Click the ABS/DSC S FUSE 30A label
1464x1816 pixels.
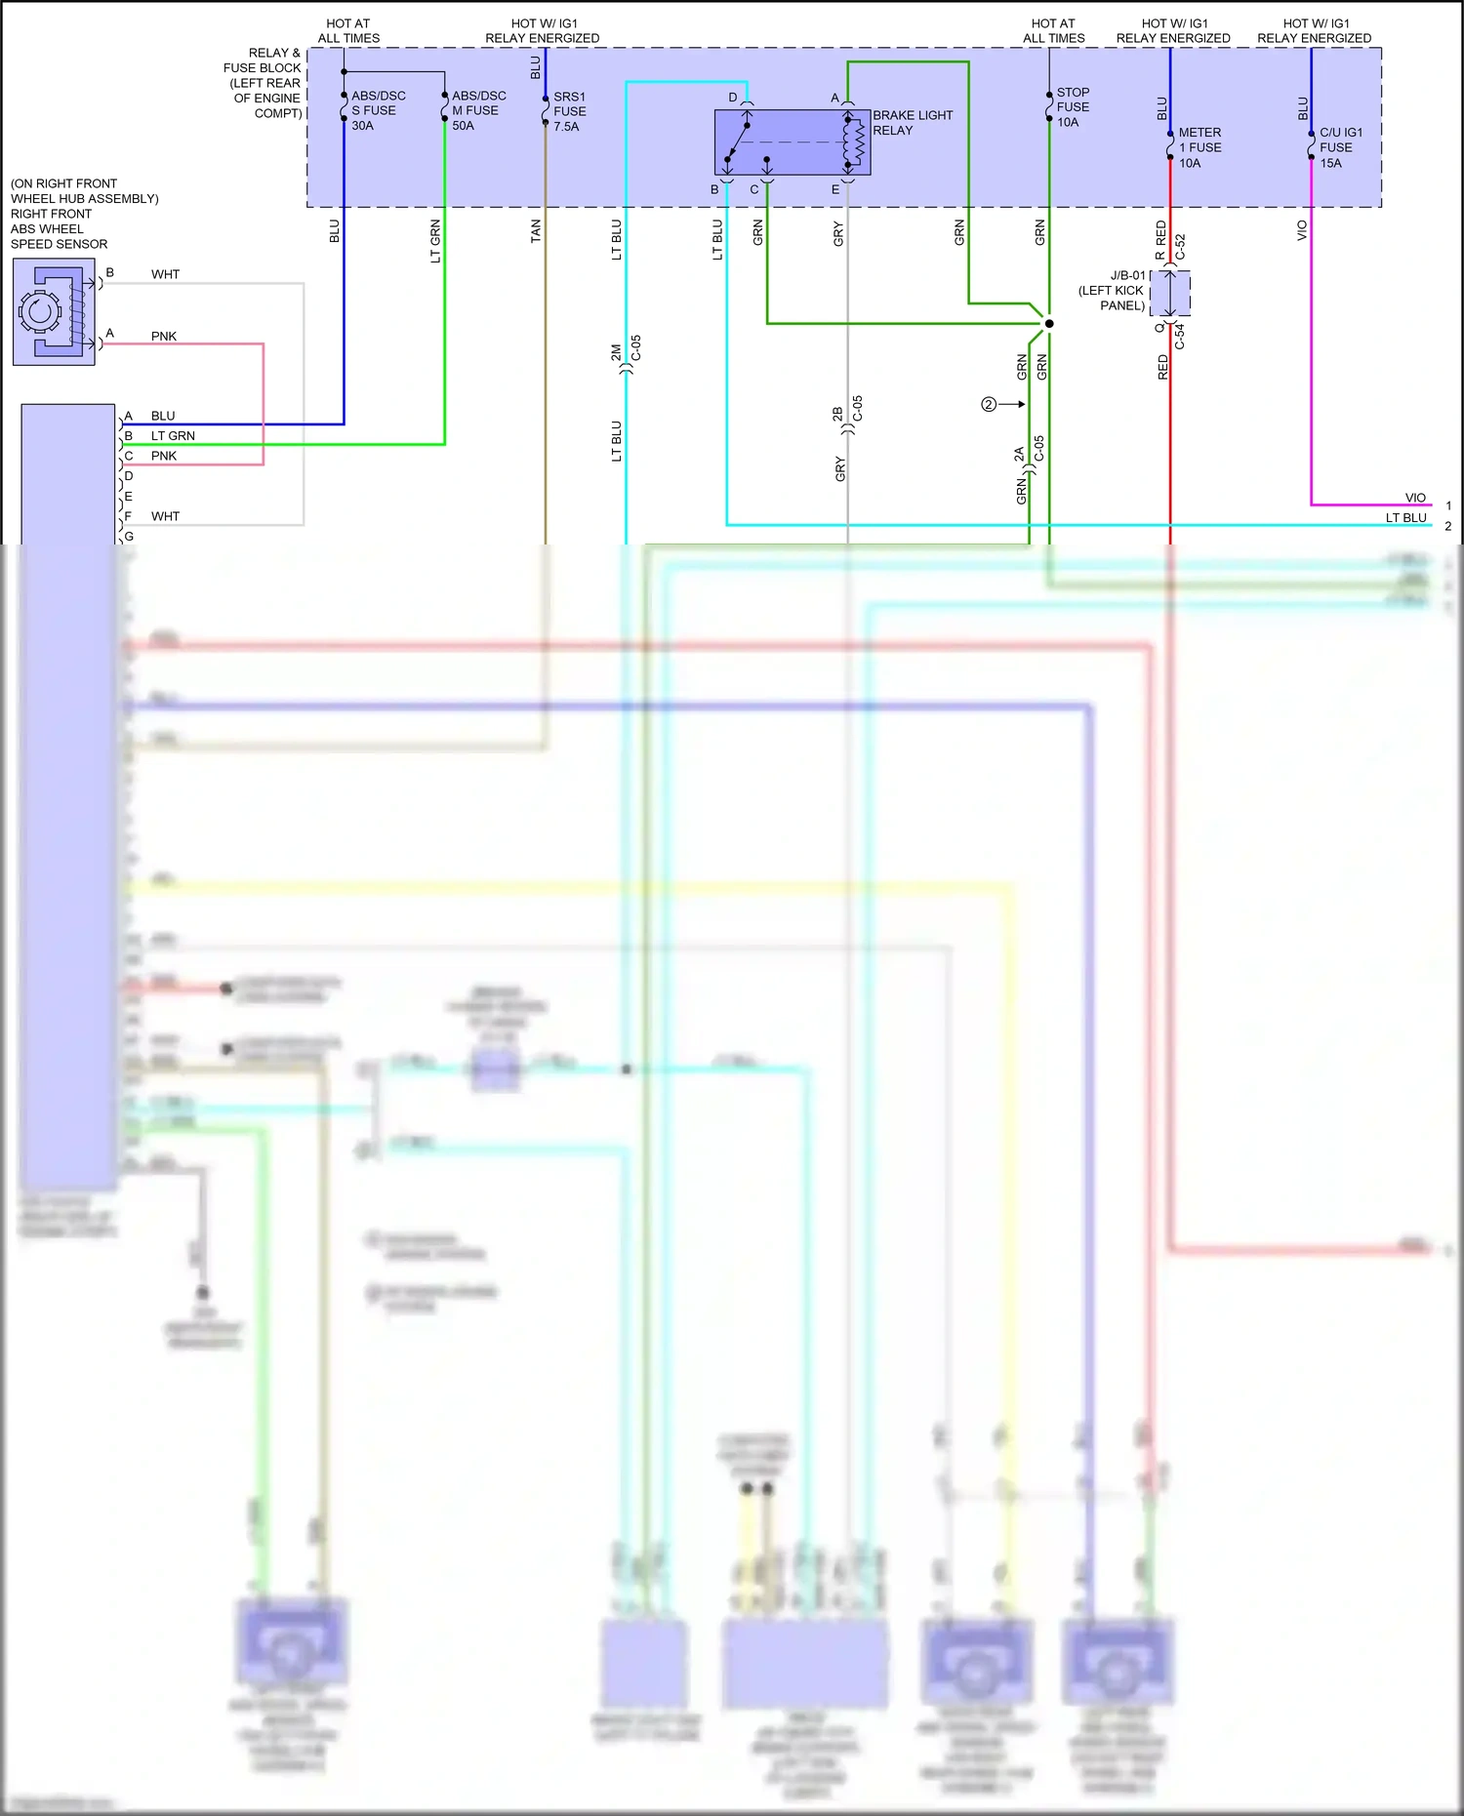coord(378,110)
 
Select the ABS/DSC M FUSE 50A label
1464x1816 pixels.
coord(478,110)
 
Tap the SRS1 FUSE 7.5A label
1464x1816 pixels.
coord(569,111)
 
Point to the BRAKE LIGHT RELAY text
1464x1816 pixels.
coord(912,122)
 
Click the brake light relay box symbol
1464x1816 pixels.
coord(792,142)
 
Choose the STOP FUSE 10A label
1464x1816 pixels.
coord(1072,107)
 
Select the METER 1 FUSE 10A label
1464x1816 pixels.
coord(1199,147)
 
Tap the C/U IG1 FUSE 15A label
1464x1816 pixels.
coord(1340,147)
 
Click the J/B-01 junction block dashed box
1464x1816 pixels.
coord(1170,293)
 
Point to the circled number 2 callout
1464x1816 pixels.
coord(989,404)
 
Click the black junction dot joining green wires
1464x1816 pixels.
coord(1049,323)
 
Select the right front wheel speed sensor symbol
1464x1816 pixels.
coord(54,311)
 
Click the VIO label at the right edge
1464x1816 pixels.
coord(1415,498)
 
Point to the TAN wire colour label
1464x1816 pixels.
coord(536,231)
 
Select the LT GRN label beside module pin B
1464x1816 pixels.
coord(173,436)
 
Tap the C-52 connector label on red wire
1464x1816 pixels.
coord(1180,246)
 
